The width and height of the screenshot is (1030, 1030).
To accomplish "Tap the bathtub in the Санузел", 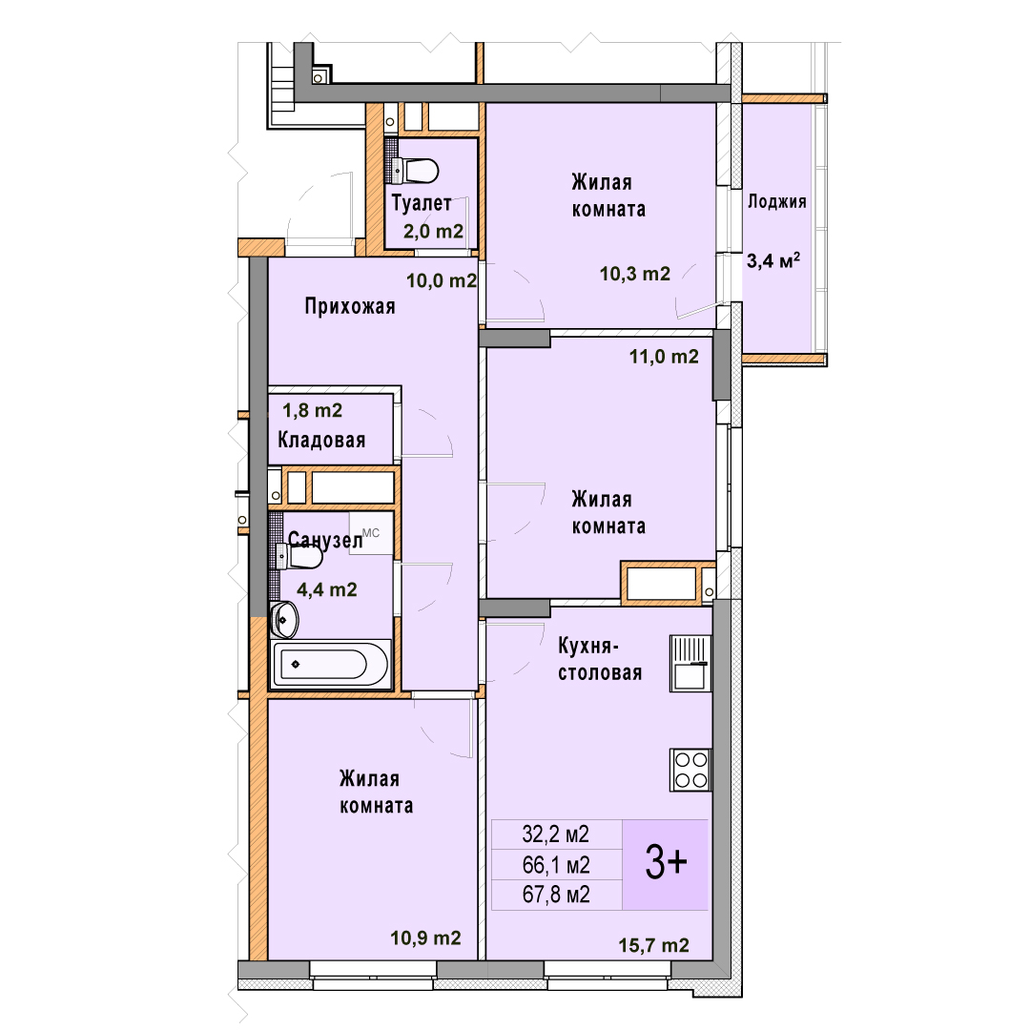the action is [x=330, y=664].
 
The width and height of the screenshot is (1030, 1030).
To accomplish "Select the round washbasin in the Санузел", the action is [x=284, y=620].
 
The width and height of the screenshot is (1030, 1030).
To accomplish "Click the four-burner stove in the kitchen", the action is [x=690, y=770].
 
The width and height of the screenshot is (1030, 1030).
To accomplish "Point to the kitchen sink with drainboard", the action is [x=690, y=664].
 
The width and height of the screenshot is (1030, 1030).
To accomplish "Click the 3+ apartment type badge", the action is [x=666, y=864].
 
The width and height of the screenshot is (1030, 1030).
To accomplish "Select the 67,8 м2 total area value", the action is [x=556, y=895].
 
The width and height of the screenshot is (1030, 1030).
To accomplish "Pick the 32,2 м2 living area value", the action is [x=556, y=834].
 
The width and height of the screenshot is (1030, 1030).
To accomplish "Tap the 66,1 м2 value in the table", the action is [x=556, y=864].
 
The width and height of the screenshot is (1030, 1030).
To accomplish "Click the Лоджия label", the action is [x=777, y=201].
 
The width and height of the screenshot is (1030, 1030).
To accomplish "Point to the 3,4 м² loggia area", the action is [x=773, y=260].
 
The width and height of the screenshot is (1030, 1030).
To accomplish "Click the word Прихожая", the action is [x=350, y=306].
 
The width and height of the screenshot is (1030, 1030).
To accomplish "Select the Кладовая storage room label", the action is [x=321, y=440].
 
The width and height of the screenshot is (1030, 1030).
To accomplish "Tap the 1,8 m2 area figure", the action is [x=312, y=410].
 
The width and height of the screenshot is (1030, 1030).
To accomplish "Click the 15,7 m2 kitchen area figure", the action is [x=653, y=945].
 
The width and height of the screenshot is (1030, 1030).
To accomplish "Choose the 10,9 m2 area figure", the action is [x=425, y=938].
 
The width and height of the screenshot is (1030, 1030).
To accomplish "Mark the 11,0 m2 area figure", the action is [x=664, y=357].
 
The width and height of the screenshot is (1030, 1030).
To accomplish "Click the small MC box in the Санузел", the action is [x=371, y=533].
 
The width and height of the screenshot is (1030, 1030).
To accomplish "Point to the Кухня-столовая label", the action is [x=600, y=660].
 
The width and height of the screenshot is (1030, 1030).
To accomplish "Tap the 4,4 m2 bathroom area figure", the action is [x=327, y=589].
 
